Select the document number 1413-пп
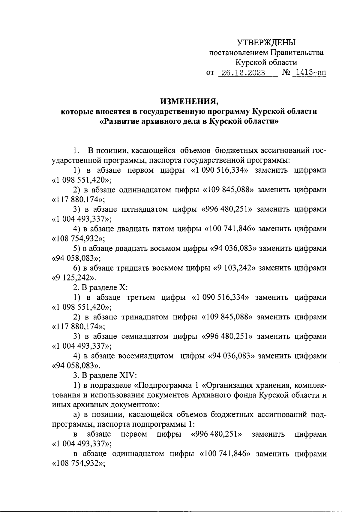(309, 73)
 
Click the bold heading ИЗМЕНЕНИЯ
(189, 101)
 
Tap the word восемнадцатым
(146, 356)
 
